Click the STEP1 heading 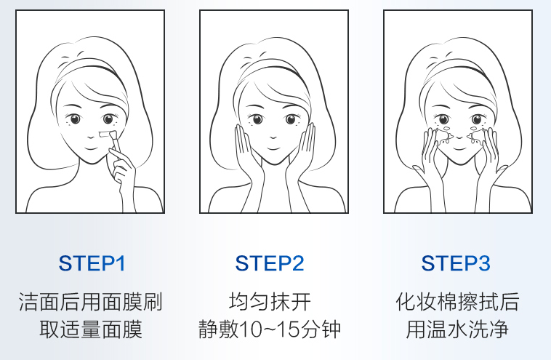point(92,263)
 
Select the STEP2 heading point(270,263)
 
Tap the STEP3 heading point(456,263)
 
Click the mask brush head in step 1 point(107,135)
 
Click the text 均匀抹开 point(270,302)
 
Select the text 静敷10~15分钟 point(270,329)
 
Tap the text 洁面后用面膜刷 point(91,302)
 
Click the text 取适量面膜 point(91,329)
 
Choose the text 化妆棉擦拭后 point(457,302)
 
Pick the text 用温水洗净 point(457,329)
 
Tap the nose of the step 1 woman point(91,136)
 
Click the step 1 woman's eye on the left point(75,119)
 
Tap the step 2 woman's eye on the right point(291,119)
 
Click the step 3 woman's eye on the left point(442,119)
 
